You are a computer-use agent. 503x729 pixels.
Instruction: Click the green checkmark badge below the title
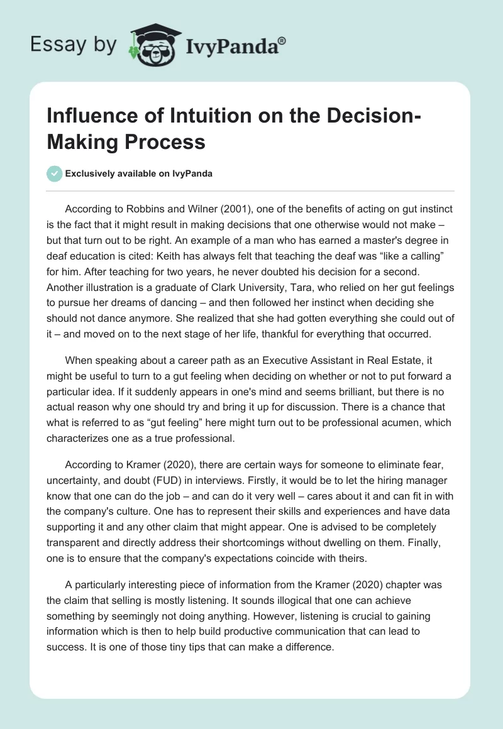(55, 173)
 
